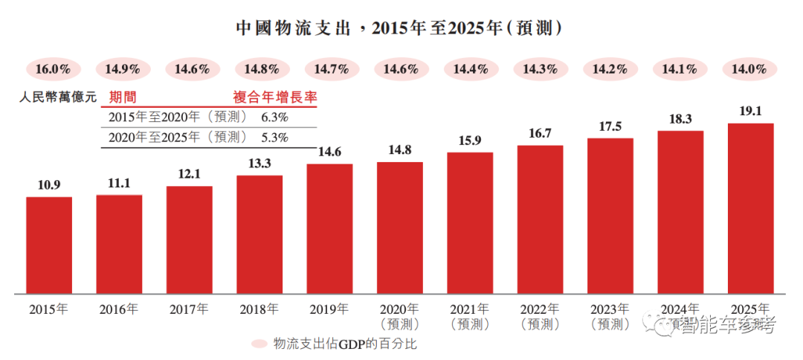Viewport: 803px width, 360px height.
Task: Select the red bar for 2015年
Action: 49,245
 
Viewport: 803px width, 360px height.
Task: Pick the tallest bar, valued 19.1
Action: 750,208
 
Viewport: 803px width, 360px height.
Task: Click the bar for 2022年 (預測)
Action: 540,219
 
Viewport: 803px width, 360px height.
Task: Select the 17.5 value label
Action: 610,127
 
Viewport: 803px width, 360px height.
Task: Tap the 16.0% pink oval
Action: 53,69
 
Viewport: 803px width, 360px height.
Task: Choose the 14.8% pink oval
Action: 262,69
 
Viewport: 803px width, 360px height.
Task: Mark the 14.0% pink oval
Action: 750,69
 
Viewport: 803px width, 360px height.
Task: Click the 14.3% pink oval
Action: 541,69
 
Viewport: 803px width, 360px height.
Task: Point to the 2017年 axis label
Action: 189,309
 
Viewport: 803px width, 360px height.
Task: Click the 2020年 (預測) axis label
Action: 400,315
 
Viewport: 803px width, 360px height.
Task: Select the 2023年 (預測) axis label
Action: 610,315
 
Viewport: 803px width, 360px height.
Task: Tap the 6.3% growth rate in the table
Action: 275,117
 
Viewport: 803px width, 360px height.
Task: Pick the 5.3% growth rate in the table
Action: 275,137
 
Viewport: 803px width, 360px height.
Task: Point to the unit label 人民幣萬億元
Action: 59,97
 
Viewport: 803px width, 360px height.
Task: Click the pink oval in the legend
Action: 259,344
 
